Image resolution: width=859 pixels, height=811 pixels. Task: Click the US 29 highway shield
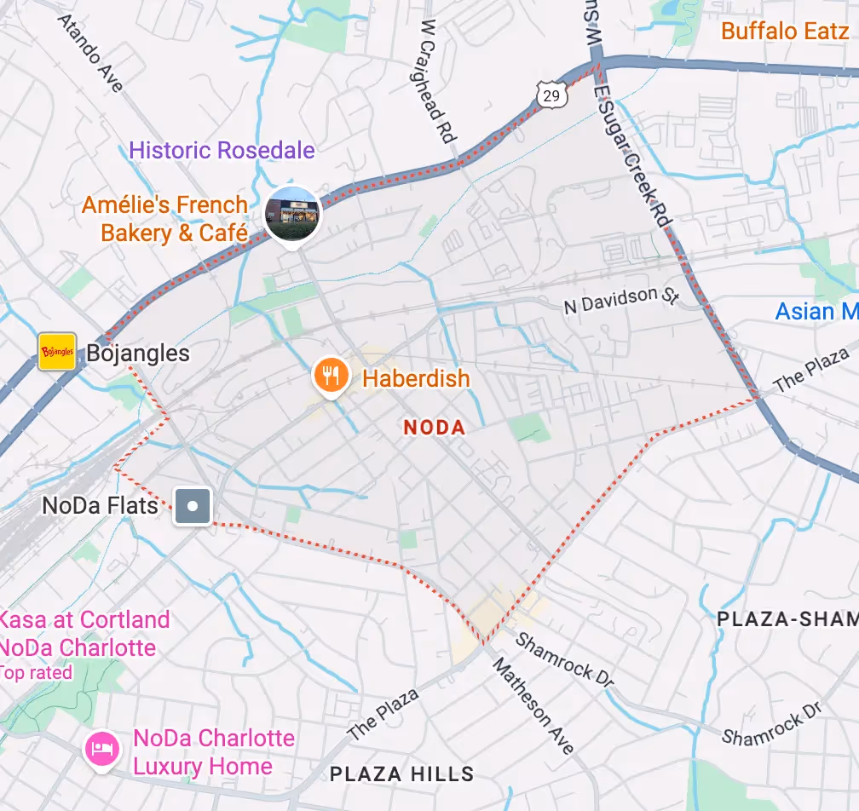(551, 95)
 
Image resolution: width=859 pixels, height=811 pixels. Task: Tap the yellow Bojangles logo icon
(57, 352)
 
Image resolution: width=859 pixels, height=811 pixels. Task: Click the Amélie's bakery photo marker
(292, 213)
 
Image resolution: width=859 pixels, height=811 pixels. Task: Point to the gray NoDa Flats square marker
(193, 506)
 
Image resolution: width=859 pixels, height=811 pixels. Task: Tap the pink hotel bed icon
(102, 751)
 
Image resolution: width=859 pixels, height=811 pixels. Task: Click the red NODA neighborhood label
(435, 428)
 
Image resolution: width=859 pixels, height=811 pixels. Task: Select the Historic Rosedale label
(222, 151)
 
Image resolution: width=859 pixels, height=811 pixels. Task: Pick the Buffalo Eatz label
(784, 32)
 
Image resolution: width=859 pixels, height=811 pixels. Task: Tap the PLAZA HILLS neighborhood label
(401, 774)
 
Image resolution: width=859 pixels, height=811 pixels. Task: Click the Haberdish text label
(416, 378)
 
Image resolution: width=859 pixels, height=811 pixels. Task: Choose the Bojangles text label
(138, 354)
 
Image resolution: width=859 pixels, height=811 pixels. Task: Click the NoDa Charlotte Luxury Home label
(213, 751)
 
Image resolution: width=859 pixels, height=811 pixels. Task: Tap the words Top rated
(36, 673)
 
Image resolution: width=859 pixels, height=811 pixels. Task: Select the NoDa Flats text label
(100, 505)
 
